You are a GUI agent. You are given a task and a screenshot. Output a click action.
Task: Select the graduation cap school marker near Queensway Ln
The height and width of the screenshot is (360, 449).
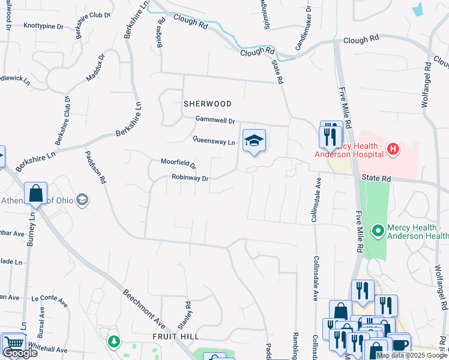[x=254, y=141]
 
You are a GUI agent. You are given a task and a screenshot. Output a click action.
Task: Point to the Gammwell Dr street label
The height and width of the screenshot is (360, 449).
[x=214, y=121]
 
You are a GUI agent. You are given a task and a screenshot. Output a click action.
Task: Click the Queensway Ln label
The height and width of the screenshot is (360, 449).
[x=213, y=141]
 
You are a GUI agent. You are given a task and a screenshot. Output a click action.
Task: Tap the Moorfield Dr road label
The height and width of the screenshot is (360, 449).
[x=178, y=163]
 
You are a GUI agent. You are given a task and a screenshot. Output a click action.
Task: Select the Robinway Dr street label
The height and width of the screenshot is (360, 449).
[x=190, y=178]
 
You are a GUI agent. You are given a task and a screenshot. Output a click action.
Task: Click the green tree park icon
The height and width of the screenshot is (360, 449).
[x=113, y=341]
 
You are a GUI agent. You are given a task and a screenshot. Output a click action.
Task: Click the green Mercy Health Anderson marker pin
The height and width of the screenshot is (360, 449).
[x=378, y=230]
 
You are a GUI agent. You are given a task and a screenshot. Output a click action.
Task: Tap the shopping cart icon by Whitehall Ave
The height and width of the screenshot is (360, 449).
[x=13, y=343]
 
